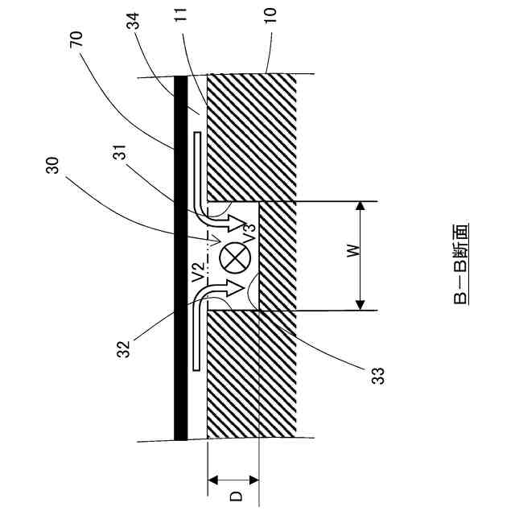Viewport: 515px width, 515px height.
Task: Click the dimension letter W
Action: (352, 254)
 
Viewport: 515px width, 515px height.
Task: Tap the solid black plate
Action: (181, 257)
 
